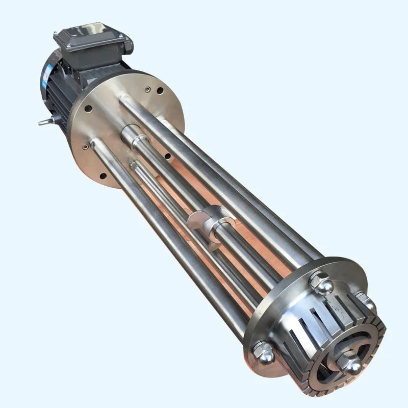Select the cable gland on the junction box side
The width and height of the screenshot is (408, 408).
point(128,46)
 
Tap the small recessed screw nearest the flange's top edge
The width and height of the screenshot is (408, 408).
point(148,89)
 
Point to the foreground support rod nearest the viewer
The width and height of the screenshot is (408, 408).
point(168,240)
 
